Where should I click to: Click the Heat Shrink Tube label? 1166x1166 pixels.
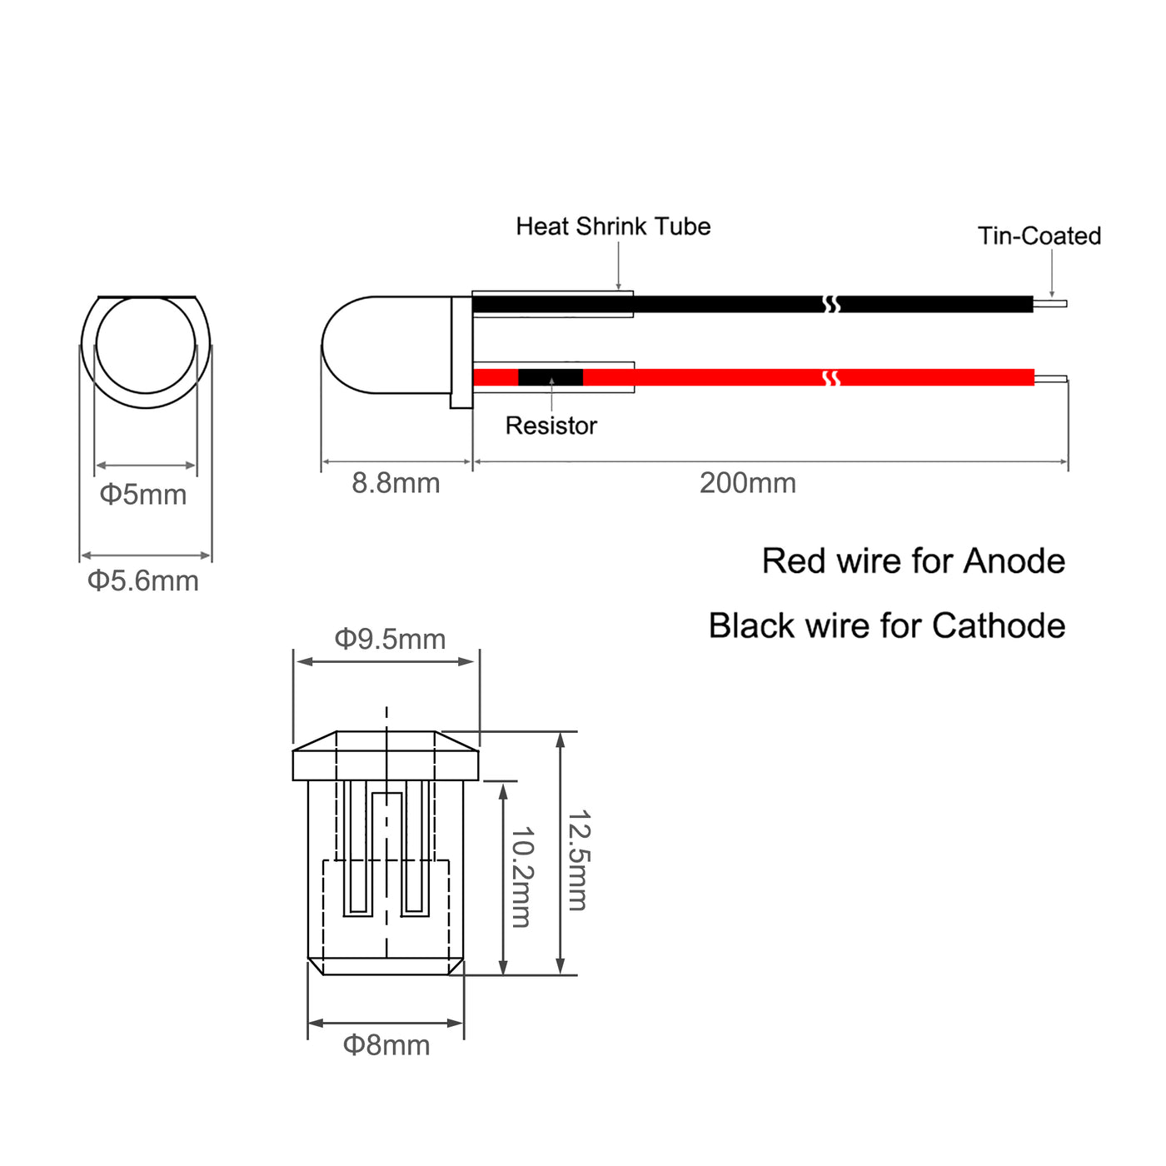point(613,227)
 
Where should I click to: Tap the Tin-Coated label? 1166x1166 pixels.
point(1039,236)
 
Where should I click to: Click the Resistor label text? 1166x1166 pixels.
point(551,426)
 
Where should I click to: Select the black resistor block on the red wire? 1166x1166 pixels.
point(550,377)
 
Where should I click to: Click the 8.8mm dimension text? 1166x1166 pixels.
point(396,483)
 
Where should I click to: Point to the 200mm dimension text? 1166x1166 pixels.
point(747,483)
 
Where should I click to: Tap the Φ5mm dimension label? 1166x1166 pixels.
point(142,495)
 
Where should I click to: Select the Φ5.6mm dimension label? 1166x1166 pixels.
point(142,581)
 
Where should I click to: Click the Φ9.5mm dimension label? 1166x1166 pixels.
point(390,639)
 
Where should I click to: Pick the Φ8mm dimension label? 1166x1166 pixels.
point(386,1045)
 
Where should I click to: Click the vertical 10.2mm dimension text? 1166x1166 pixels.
point(521,877)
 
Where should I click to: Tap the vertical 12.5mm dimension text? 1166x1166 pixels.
point(578,860)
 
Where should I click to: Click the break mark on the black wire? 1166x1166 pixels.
point(831,304)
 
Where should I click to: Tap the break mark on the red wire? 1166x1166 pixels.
point(831,378)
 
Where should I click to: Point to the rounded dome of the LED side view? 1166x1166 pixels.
point(350,345)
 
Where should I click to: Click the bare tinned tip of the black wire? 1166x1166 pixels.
point(1050,303)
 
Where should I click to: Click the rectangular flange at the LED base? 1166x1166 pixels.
point(461,352)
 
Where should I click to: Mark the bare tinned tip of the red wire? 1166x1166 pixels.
point(1051,378)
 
